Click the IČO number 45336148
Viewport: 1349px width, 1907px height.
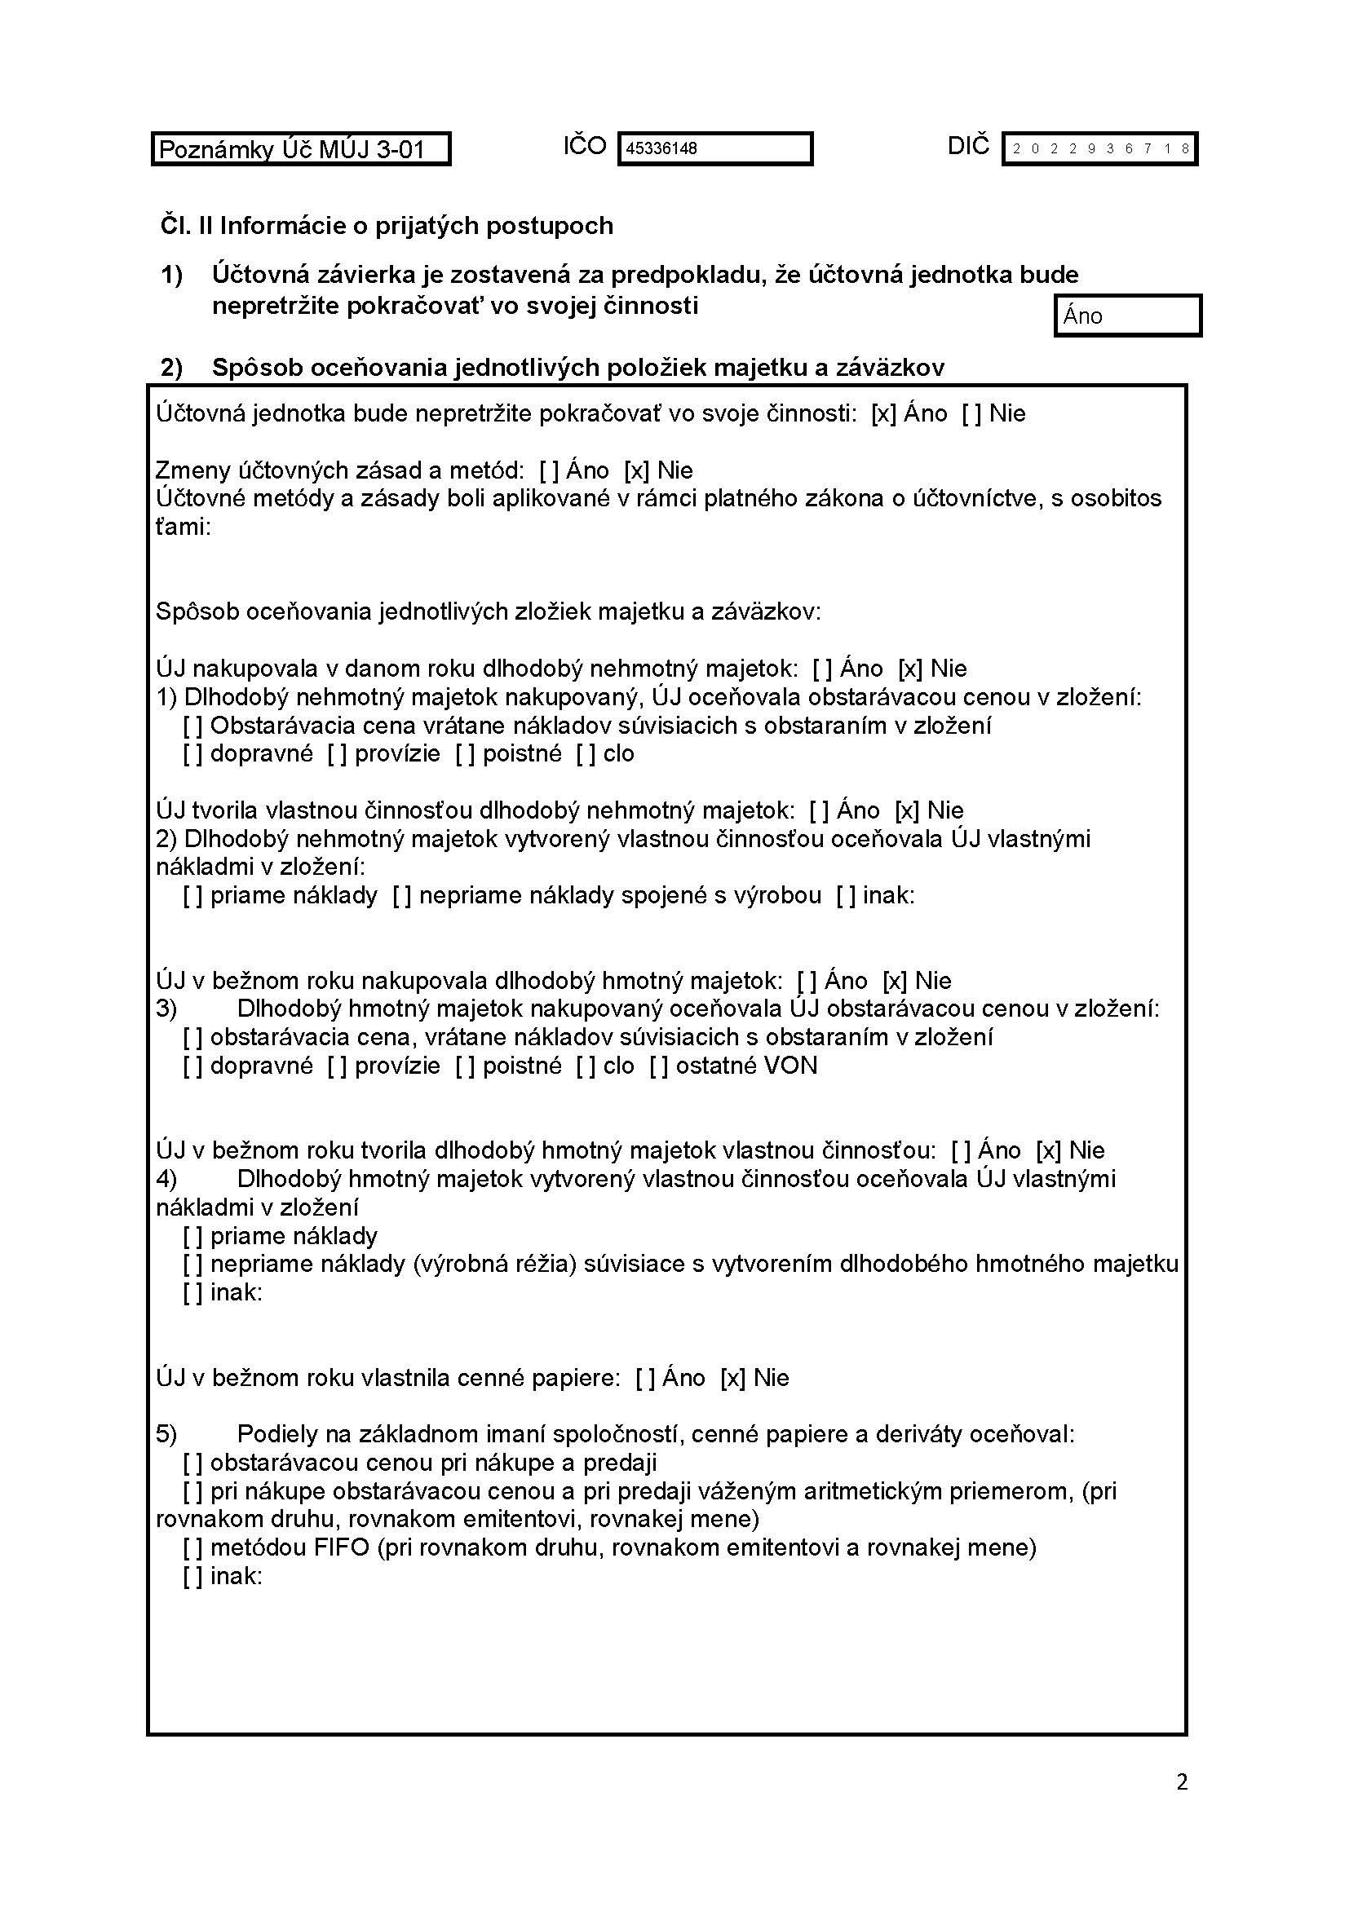click(661, 148)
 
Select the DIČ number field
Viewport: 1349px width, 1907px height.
click(1099, 149)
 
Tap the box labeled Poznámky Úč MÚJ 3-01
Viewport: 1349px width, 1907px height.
click(300, 149)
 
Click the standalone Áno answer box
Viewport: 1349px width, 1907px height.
click(1127, 316)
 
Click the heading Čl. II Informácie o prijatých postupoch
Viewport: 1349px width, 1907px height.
click(387, 226)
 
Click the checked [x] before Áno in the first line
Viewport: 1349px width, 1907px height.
click(884, 413)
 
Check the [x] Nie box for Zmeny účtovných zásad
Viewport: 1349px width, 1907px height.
click(636, 471)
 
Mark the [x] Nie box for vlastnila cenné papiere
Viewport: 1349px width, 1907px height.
click(732, 1378)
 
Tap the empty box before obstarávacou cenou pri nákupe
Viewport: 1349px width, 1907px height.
click(192, 1463)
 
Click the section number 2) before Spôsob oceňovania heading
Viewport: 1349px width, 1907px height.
click(171, 367)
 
